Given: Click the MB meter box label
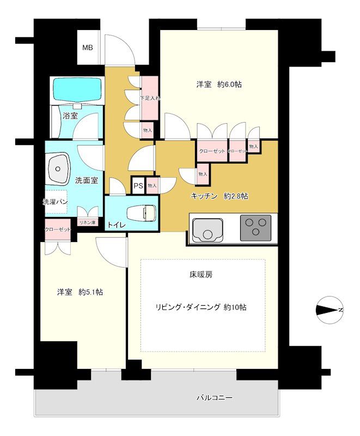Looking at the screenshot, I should [x=87, y=47].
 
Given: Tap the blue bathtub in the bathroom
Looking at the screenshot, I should [x=77, y=89].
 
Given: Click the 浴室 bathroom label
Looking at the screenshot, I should [x=70, y=116].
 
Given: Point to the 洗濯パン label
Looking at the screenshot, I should [x=55, y=201].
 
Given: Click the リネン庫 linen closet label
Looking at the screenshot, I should [x=87, y=222].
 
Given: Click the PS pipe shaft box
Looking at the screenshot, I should [x=138, y=186].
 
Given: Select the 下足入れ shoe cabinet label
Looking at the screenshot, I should [x=149, y=99].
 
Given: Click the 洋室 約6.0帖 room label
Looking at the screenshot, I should [x=219, y=84].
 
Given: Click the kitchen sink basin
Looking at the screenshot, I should [x=206, y=229].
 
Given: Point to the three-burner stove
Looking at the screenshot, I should [x=255, y=227].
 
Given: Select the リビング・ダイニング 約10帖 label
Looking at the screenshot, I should [x=200, y=307].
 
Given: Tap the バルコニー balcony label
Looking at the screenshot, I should [x=215, y=398].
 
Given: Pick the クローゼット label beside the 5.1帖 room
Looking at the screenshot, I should [x=58, y=230].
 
